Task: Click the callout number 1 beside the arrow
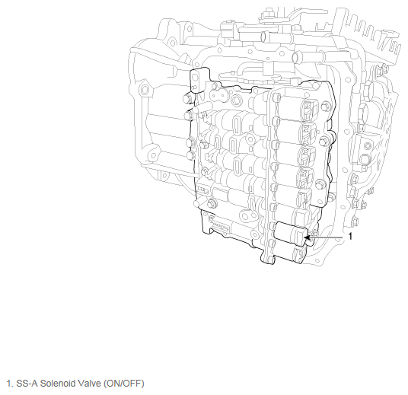[x=350, y=236]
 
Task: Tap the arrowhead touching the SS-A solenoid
[x=307, y=237]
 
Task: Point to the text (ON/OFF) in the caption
[x=123, y=384]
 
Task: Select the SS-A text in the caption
[x=27, y=384]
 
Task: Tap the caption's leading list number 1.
[x=9, y=384]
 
